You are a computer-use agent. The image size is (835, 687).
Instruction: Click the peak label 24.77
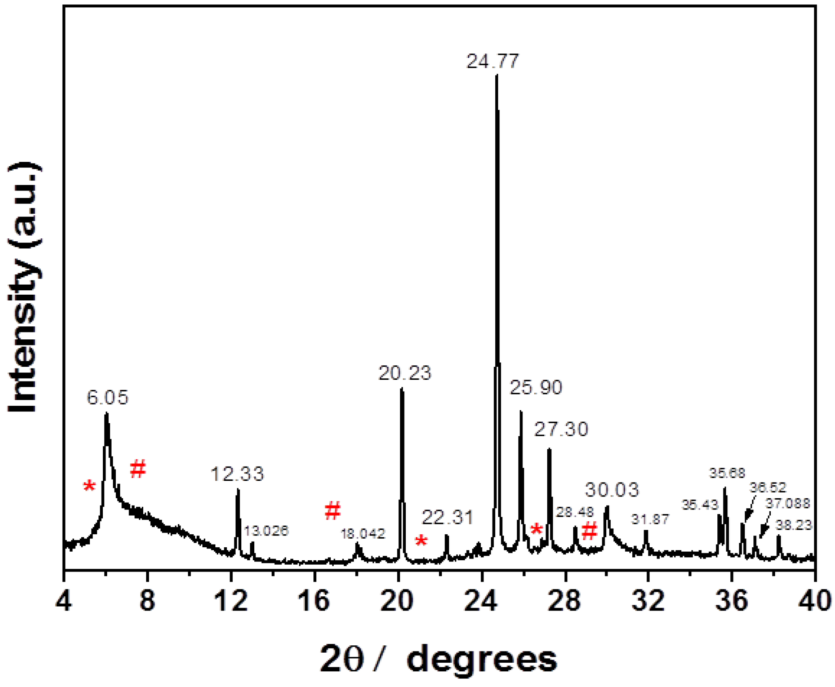[493, 61]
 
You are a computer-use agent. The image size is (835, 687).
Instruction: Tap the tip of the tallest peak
[496, 76]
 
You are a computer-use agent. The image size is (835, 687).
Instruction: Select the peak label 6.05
[107, 398]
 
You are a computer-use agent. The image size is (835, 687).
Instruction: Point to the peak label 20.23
[404, 373]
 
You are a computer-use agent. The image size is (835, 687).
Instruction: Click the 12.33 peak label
[237, 473]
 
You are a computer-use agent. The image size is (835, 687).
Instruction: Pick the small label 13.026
[266, 530]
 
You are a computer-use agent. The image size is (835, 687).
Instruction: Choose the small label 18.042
[363, 533]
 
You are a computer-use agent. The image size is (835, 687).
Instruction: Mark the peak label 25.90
[536, 388]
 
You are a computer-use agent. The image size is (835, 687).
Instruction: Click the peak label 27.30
[561, 429]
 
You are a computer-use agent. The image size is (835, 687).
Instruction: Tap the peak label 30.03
[612, 490]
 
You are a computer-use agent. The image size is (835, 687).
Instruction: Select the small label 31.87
[650, 519]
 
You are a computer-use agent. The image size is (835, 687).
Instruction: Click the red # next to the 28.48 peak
[589, 531]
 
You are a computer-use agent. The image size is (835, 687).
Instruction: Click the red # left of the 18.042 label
[333, 510]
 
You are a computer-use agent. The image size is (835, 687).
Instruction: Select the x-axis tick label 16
[315, 601]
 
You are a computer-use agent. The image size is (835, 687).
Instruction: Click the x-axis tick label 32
[648, 601]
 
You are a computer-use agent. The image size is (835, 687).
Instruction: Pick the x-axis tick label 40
[815, 601]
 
